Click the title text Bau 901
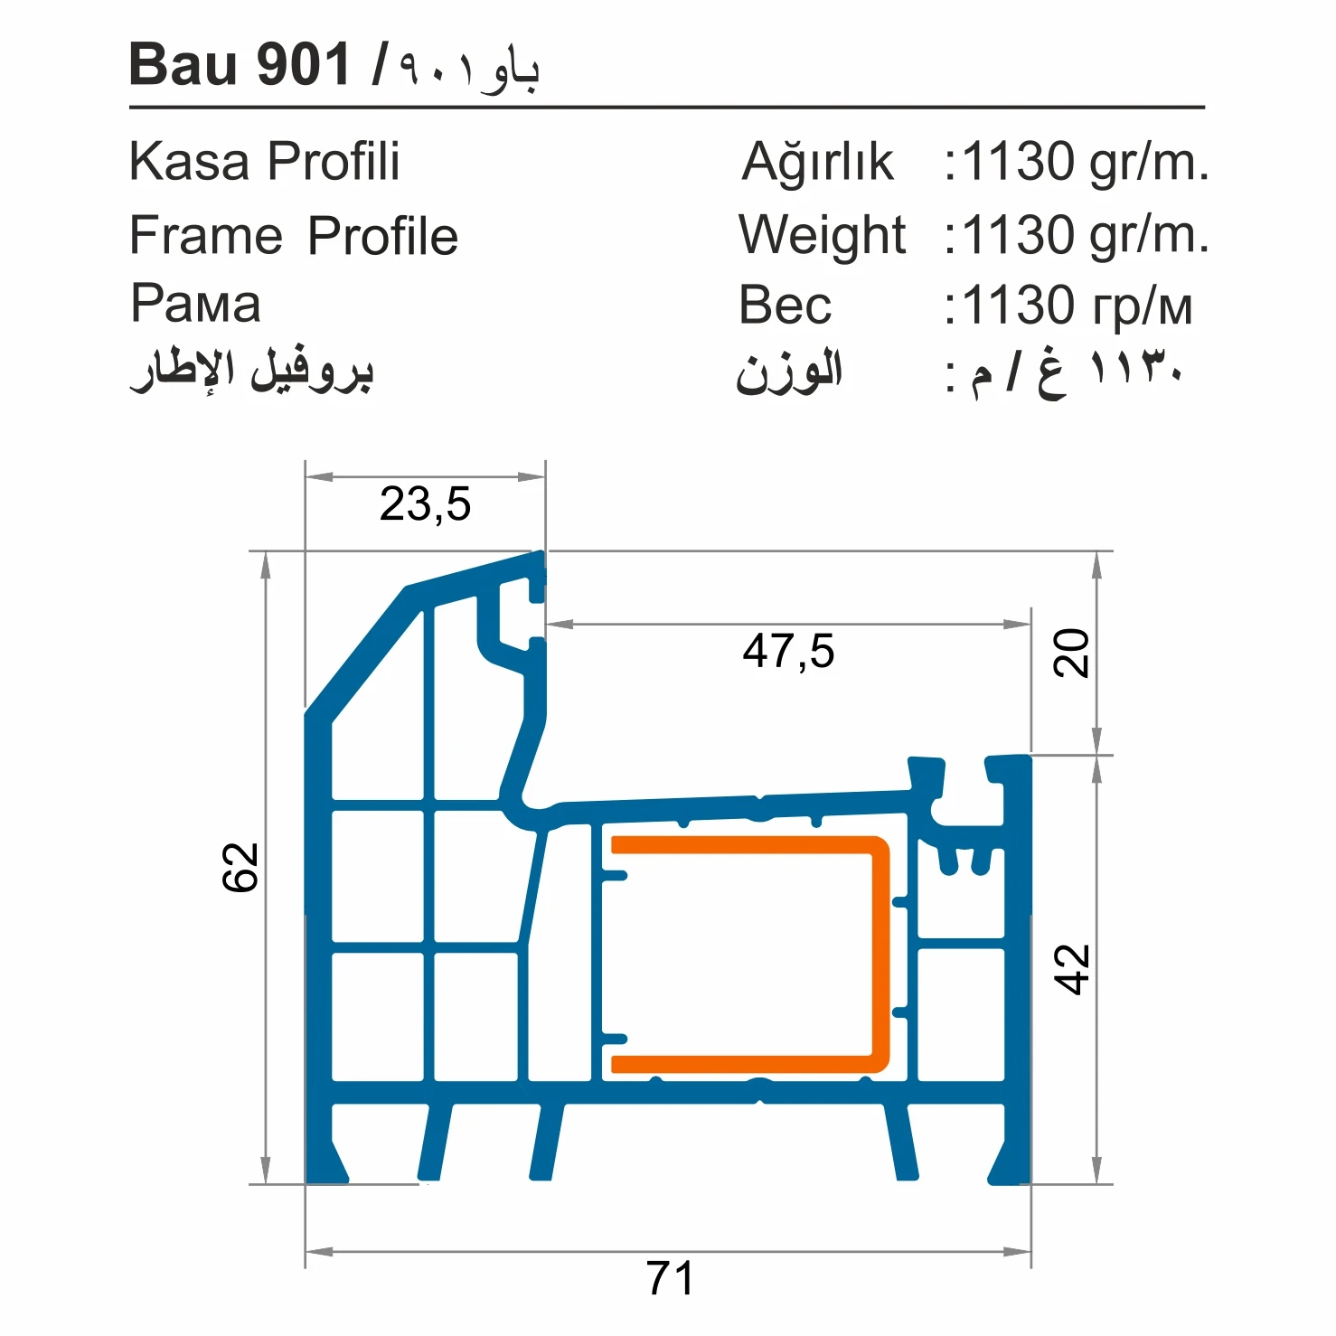pyautogui.click(x=240, y=65)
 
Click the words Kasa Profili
pyautogui.click(x=264, y=162)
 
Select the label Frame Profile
pyautogui.click(x=293, y=236)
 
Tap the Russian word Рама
pyautogui.click(x=195, y=304)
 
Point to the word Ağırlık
pyautogui.click(x=817, y=163)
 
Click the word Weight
pyautogui.click(x=822, y=235)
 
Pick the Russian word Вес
pyautogui.click(x=785, y=306)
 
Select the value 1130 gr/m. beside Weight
pyautogui.click(x=1084, y=235)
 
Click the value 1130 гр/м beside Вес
pyautogui.click(x=1077, y=306)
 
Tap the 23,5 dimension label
pyautogui.click(x=425, y=503)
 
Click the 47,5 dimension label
pyautogui.click(x=788, y=651)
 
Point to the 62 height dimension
pyautogui.click(x=241, y=868)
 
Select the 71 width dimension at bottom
pyautogui.click(x=670, y=1278)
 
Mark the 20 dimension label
pyautogui.click(x=1072, y=653)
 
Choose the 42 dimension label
pyautogui.click(x=1072, y=969)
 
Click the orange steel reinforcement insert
pyautogui.click(x=879, y=949)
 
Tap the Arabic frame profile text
pyautogui.click(x=251, y=371)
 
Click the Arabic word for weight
pyautogui.click(x=789, y=372)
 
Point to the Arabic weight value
pyautogui.click(x=1075, y=372)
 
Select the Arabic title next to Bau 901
pyautogui.click(x=470, y=69)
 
